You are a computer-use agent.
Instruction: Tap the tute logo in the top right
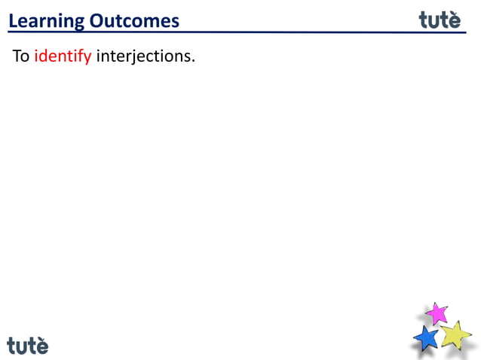pos(440,20)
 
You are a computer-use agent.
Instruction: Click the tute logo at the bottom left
pos(28,345)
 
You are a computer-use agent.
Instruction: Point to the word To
pos(20,57)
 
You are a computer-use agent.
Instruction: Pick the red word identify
pos(63,58)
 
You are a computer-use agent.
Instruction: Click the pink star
pos(437,313)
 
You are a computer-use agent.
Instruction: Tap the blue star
pos(427,337)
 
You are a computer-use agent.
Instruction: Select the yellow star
pos(455,334)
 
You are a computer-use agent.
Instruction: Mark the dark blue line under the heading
pos(226,32)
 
